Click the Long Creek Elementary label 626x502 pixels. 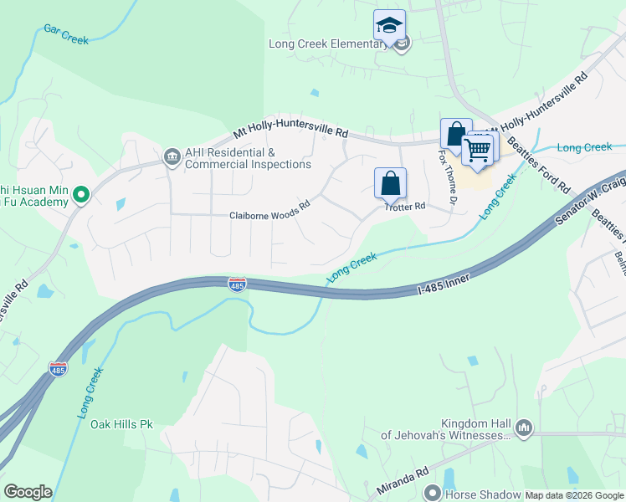(327, 44)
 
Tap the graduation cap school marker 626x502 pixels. (389, 25)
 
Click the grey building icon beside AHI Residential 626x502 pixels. (172, 156)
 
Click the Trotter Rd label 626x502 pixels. (405, 206)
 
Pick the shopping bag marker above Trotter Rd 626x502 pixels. (390, 183)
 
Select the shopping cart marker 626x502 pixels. (477, 151)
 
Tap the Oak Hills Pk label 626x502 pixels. (121, 424)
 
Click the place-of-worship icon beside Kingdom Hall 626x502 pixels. (524, 428)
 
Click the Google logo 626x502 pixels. (28, 492)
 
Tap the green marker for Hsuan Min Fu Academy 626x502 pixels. (81, 195)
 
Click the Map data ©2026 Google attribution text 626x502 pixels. (574, 495)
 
